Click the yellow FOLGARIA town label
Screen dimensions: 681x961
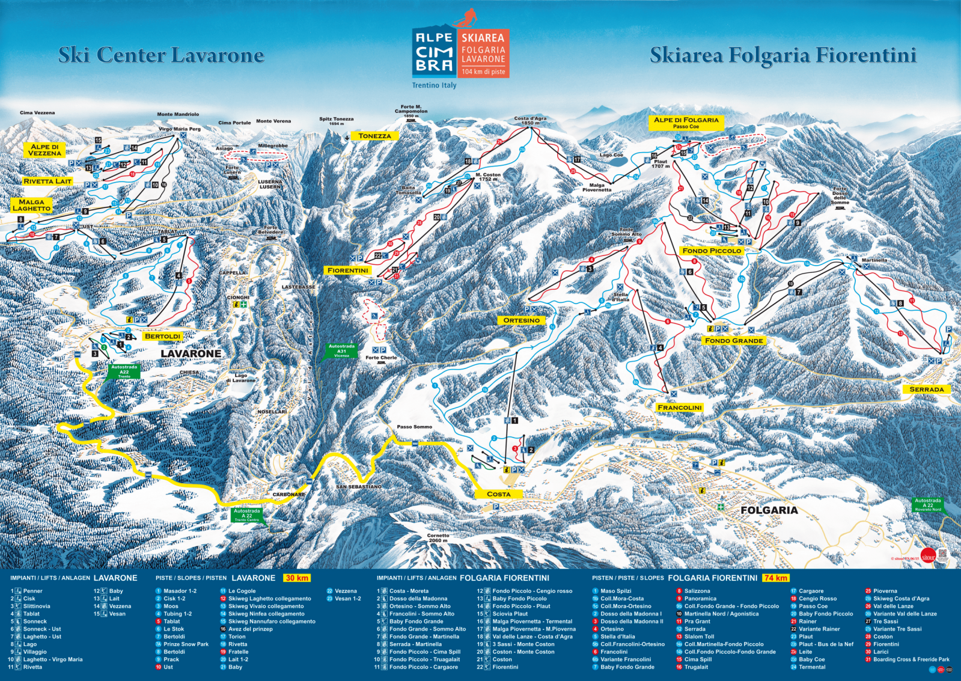pyautogui.click(x=769, y=510)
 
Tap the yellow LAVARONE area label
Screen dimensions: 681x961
pyautogui.click(x=191, y=354)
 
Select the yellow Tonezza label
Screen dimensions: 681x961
pyautogui.click(x=374, y=136)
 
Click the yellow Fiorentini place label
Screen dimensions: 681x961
pyautogui.click(x=348, y=270)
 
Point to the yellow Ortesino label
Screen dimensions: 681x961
pyautogui.click(x=521, y=320)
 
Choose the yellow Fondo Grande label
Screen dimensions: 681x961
pyautogui.click(x=734, y=340)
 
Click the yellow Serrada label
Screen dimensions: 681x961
pyautogui.click(x=926, y=389)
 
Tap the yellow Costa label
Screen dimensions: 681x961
pyautogui.click(x=498, y=494)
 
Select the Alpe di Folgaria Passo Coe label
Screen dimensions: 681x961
pyautogui.click(x=686, y=123)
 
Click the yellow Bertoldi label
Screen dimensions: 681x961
pyautogui.click(x=163, y=336)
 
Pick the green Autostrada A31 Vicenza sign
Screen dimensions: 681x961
pyautogui.click(x=341, y=350)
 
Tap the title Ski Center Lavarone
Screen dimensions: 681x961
pyautogui.click(x=161, y=55)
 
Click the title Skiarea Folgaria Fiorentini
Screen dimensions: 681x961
pyautogui.click(x=783, y=55)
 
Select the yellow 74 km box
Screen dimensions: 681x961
pyautogui.click(x=775, y=578)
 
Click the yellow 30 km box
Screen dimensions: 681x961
pyautogui.click(x=297, y=578)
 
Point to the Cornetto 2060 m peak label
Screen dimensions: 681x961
pyautogui.click(x=438, y=537)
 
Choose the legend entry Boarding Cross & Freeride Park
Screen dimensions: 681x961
pyautogui.click(x=911, y=659)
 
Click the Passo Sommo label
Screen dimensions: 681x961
pyautogui.click(x=414, y=427)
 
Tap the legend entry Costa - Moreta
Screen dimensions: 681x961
pyautogui.click(x=409, y=591)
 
